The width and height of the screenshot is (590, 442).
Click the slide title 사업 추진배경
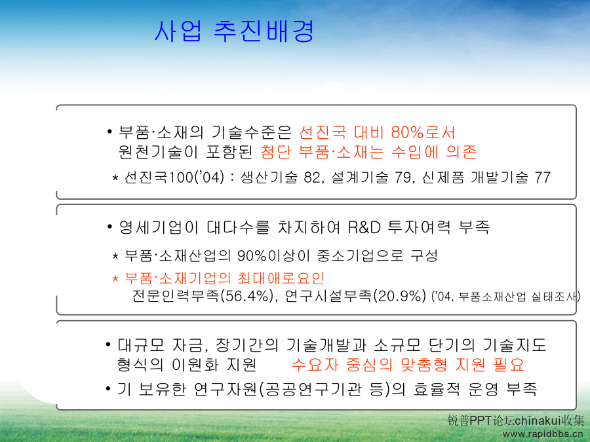coord(234,31)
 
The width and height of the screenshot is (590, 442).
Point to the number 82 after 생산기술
coord(312,177)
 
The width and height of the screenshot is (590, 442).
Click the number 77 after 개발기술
coord(543,177)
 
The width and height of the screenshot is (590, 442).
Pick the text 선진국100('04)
coord(174,177)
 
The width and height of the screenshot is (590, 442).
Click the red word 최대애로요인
coord(281,278)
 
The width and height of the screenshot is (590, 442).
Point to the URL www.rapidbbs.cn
coord(543,434)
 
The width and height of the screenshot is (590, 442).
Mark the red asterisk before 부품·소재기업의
coord(115,279)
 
